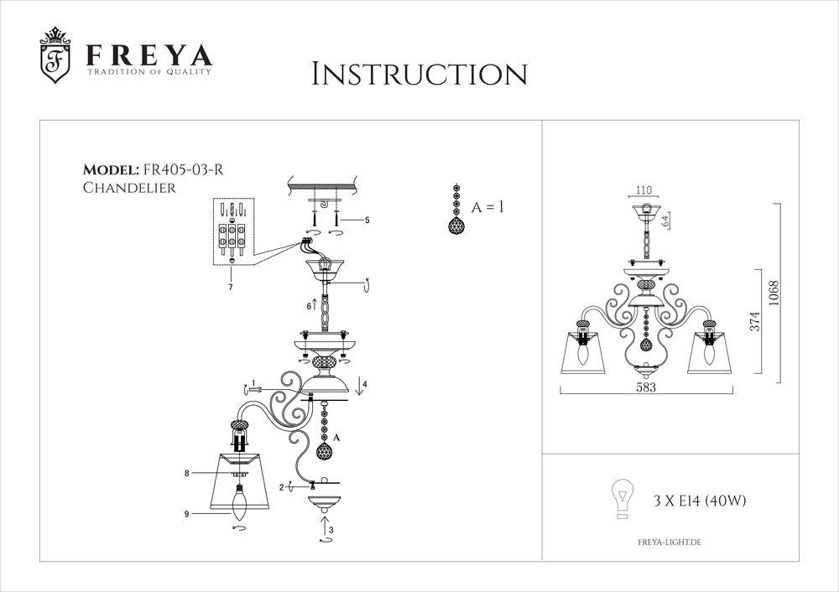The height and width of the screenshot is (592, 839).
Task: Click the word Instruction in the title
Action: pyautogui.click(x=419, y=74)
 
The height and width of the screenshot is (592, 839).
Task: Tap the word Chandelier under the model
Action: pyautogui.click(x=129, y=188)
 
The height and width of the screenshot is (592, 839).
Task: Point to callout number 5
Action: pyautogui.click(x=367, y=221)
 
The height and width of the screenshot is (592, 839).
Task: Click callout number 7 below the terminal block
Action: pyautogui.click(x=230, y=288)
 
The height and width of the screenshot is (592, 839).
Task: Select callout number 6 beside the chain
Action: pyautogui.click(x=309, y=307)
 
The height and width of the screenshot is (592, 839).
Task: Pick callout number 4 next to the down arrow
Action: pyautogui.click(x=365, y=384)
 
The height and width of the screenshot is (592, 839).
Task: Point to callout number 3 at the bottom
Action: pyautogui.click(x=331, y=530)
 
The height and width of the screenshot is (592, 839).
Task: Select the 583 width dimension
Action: pyautogui.click(x=645, y=388)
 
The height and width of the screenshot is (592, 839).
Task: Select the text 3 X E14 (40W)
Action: pyautogui.click(x=700, y=501)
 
